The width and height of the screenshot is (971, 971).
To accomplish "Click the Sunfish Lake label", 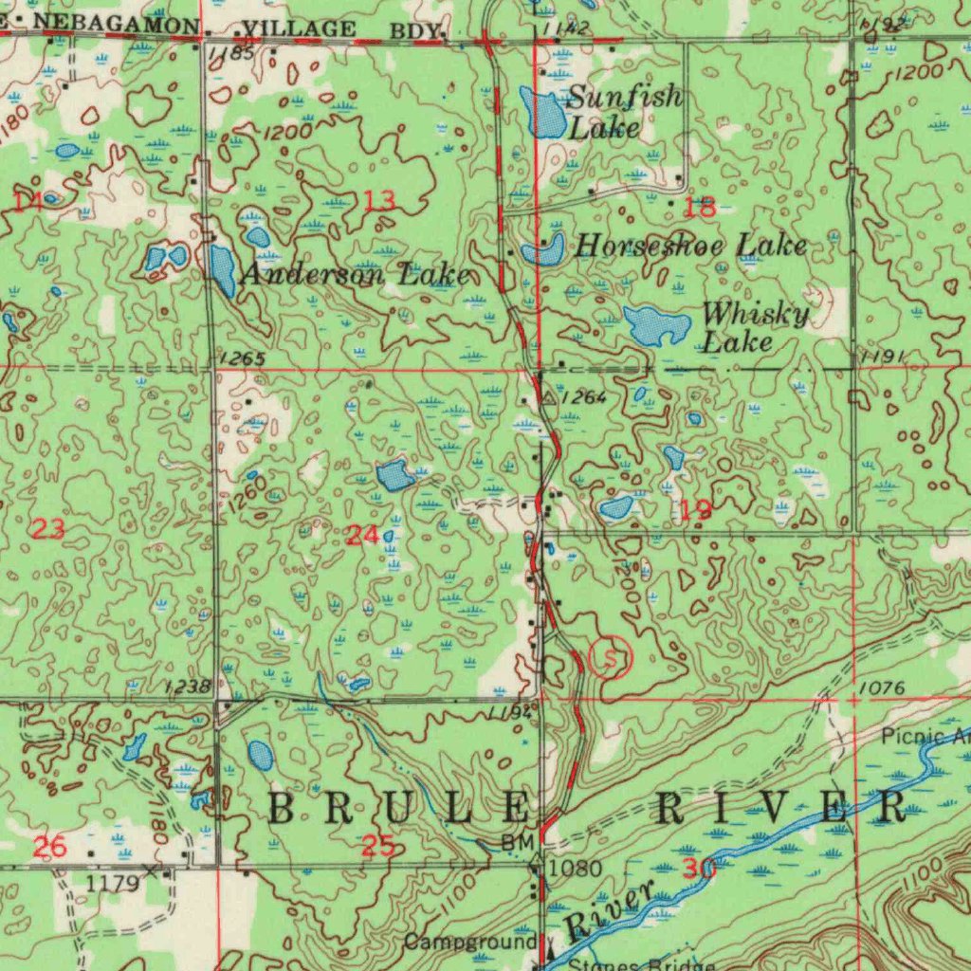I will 624,112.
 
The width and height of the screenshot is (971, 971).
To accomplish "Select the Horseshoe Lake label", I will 691,247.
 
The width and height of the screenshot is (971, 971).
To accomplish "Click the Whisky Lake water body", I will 657,326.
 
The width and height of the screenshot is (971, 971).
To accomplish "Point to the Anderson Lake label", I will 355,275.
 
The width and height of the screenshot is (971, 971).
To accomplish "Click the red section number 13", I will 380,200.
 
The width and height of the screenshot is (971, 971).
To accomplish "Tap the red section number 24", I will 362,535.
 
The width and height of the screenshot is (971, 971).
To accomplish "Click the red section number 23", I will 48,530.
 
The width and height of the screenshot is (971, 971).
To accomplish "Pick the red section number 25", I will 378,846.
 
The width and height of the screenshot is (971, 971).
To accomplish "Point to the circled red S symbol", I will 610,656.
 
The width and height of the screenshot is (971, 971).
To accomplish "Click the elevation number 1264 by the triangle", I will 583,398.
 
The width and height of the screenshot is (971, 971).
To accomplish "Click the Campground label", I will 470,943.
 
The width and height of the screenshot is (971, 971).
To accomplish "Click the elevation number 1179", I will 112,883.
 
